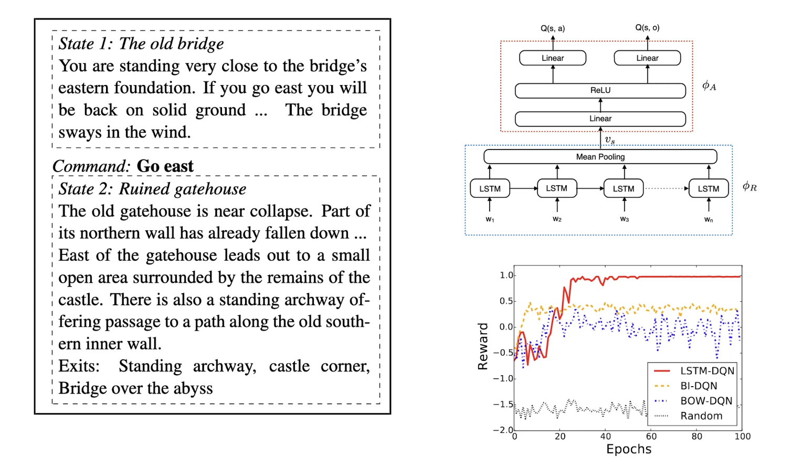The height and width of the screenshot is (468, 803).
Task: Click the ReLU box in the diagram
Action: pos(600,90)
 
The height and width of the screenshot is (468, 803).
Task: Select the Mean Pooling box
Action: pos(600,156)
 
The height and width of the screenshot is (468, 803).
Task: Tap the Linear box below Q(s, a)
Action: pos(552,58)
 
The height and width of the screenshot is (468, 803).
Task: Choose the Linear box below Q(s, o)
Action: pos(647,58)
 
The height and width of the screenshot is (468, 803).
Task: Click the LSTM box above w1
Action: pos(490,188)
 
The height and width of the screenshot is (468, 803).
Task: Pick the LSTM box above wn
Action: pos(708,188)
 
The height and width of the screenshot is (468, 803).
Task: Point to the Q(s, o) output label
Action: pos(647,27)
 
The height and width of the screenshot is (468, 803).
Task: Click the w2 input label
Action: pos(557,219)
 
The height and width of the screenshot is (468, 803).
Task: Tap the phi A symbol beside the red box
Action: pos(709,86)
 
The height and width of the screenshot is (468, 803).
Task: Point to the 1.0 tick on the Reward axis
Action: pos(506,275)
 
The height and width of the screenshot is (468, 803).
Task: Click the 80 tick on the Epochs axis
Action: pos(696,437)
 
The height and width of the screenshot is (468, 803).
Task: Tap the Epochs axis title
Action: pos(628,449)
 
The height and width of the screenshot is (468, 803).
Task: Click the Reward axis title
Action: pos(483,346)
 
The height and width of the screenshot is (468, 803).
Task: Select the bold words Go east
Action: pos(165,166)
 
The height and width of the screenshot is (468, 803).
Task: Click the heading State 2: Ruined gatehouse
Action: pos(152,189)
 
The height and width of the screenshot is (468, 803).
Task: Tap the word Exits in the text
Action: pos(78,366)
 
